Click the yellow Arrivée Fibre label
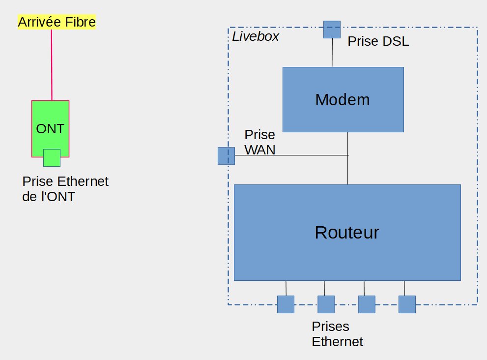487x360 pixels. pyautogui.click(x=57, y=22)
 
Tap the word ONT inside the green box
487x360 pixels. pyautogui.click(x=50, y=129)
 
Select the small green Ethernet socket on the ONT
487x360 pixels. pyautogui.click(x=52, y=158)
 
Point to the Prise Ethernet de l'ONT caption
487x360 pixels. pyautogui.click(x=65, y=189)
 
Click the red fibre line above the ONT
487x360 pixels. pyautogui.click(x=51, y=64)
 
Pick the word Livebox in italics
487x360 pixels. pyautogui.click(x=256, y=36)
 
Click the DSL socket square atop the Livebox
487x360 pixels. pyautogui.click(x=332, y=30)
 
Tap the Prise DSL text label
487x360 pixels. pyautogui.click(x=378, y=42)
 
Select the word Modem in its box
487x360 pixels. pyautogui.click(x=342, y=100)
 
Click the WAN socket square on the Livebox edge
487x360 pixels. pyautogui.click(x=226, y=156)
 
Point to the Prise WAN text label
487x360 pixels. pyautogui.click(x=260, y=142)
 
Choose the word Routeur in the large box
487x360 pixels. pyautogui.click(x=347, y=232)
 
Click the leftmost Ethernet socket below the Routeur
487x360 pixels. pyautogui.click(x=286, y=304)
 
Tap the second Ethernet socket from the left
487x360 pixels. pyautogui.click(x=326, y=304)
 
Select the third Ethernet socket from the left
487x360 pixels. pyautogui.click(x=366, y=304)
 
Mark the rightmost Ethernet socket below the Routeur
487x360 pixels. pyautogui.click(x=407, y=304)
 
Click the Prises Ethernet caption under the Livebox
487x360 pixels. pyautogui.click(x=337, y=334)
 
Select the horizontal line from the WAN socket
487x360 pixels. pyautogui.click(x=290, y=155)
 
